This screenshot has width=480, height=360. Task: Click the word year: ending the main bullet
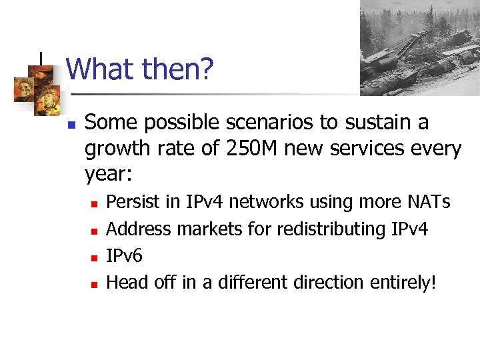[109, 175]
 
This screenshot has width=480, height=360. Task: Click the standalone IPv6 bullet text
[125, 256]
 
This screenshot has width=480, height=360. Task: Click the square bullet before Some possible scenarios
[72, 124]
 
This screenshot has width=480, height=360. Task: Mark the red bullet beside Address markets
[94, 231]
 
